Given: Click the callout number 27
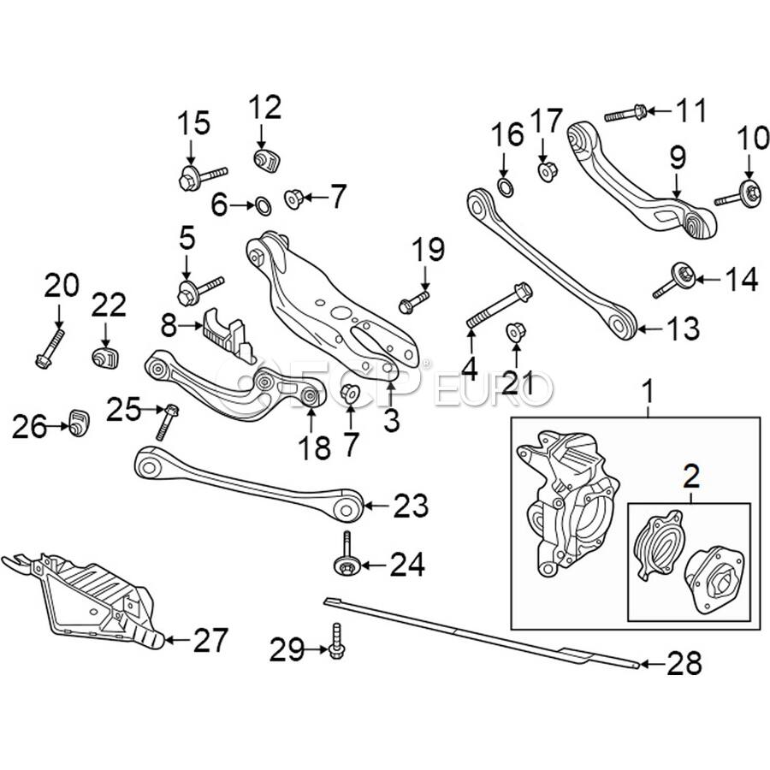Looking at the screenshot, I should (210, 640).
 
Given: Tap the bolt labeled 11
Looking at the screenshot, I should (625, 112).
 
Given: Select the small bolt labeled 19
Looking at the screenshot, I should (413, 301).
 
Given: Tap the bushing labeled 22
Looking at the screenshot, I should (104, 355).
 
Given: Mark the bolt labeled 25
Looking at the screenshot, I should (167, 421).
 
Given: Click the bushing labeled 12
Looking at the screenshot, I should (264, 158).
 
